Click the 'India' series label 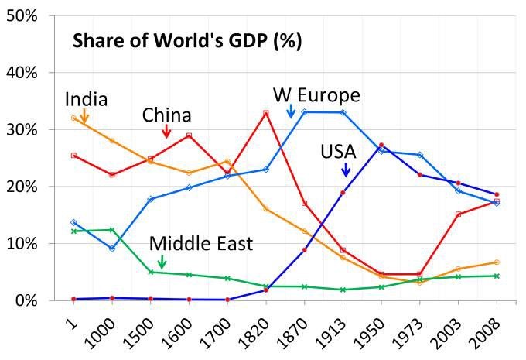coord(86,99)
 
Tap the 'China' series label coord(166,115)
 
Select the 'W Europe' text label coord(316,95)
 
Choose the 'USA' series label coord(338,151)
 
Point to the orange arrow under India coord(84,116)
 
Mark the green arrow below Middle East coord(161,262)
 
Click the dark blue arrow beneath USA coord(345,168)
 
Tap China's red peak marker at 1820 coord(265,113)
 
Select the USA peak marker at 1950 coord(381,145)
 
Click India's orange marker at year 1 coord(73,118)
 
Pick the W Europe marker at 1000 coord(112,249)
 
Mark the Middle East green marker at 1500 coord(151,272)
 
